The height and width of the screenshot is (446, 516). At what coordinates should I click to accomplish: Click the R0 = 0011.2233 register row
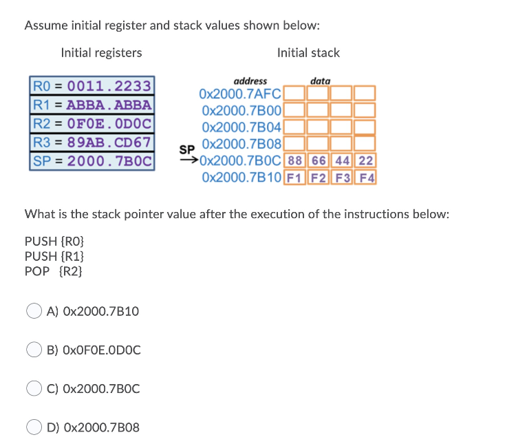pos(93,86)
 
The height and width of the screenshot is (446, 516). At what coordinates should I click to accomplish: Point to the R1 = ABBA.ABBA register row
pos(93,105)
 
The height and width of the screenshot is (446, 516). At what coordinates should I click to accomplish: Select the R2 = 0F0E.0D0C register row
pos(93,125)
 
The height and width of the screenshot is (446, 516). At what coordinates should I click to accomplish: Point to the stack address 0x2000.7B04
pos(241,127)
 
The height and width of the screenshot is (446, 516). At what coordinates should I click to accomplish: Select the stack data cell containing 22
pos(366,161)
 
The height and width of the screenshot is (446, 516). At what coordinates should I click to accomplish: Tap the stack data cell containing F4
pos(366,177)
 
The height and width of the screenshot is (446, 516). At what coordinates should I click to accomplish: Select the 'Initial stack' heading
pos(308,53)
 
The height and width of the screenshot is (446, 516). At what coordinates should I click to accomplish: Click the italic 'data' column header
pos(320,81)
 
